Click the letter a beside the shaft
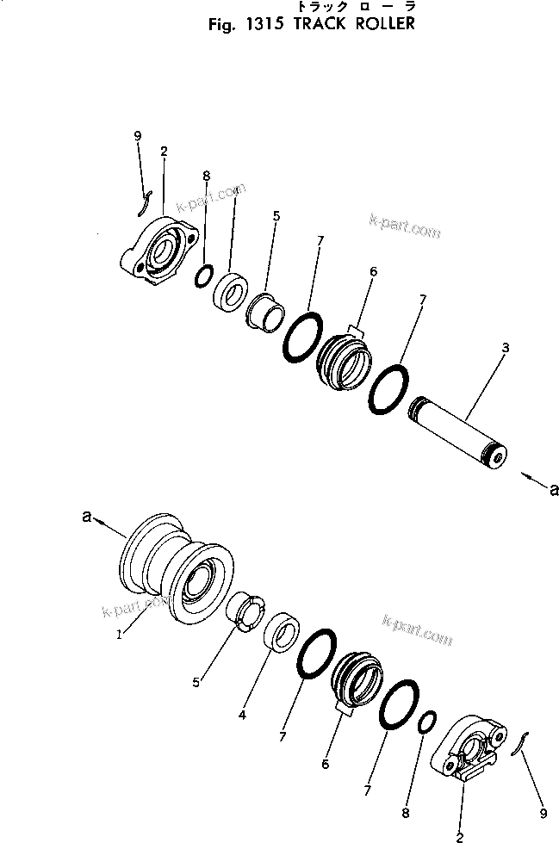553,488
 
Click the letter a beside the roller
87,516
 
